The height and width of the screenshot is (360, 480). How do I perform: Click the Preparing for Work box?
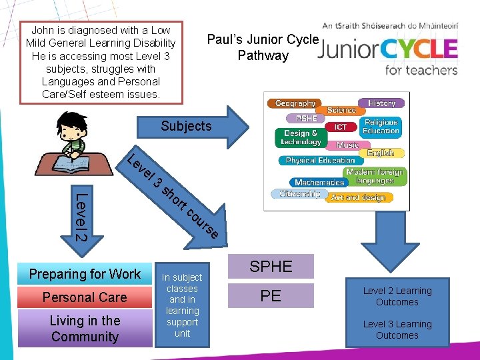point(85,274)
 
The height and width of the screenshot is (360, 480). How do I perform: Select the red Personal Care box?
point(85,297)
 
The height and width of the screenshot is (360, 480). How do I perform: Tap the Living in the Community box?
point(85,328)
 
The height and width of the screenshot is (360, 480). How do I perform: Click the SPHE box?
point(271,267)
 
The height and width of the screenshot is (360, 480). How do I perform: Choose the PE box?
point(271,295)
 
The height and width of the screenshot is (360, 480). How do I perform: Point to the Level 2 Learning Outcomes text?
point(397,297)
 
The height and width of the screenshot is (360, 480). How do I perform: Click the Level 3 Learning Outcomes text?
point(397,329)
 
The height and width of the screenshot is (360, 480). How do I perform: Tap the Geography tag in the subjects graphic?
point(295,103)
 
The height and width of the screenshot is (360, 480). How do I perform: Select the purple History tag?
point(381,103)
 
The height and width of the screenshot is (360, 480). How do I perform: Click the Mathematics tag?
point(319,182)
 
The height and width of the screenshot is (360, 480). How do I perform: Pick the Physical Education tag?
point(320,161)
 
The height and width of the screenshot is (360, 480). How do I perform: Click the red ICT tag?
point(341,127)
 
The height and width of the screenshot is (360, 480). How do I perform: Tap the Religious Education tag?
point(381,127)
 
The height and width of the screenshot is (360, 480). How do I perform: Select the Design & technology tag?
point(301,138)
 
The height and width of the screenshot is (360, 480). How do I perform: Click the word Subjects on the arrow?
point(186,126)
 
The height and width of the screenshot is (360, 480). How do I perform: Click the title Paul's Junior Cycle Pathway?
point(263,47)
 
